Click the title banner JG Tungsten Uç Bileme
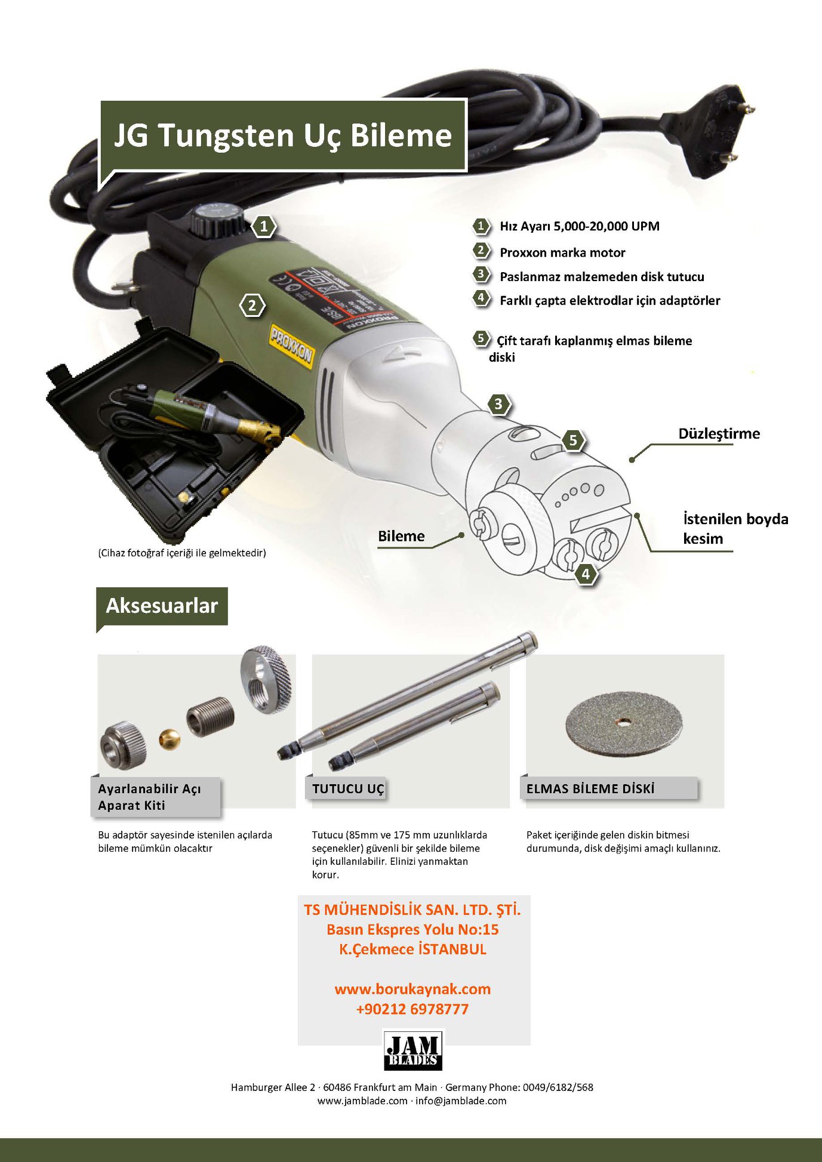(x=283, y=136)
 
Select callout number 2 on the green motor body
(x=253, y=306)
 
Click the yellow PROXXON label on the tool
(x=291, y=346)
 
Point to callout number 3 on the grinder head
(x=498, y=405)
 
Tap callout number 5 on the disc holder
(x=573, y=440)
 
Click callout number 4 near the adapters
(x=586, y=574)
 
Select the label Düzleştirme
(x=719, y=434)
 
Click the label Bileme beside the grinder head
(x=401, y=536)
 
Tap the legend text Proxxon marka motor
(x=562, y=252)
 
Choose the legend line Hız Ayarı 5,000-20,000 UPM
(x=580, y=226)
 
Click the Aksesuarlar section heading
(x=162, y=606)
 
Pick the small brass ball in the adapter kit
(x=170, y=739)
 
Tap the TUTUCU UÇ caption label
(x=348, y=789)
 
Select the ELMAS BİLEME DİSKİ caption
(x=590, y=788)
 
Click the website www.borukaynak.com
(x=412, y=989)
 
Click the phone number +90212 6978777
(x=412, y=1009)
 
